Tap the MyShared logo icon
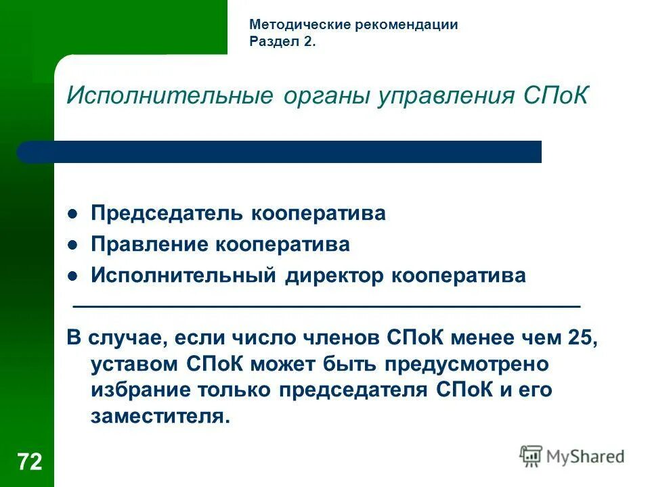[531, 457]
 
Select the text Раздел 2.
[282, 42]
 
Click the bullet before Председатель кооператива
[74, 214]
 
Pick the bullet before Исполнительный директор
[74, 277]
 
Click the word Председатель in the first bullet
[168, 214]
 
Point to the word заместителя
[160, 415]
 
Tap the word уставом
[133, 364]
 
